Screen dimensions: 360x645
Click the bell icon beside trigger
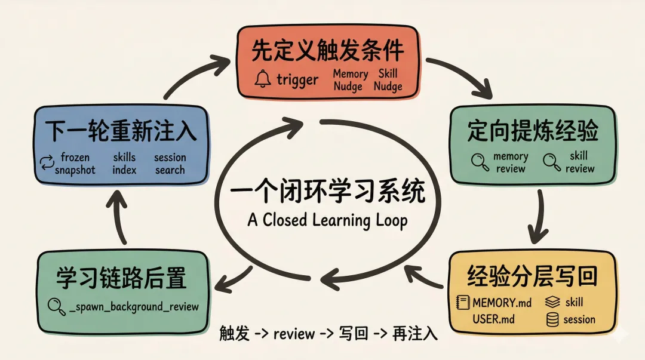coord(262,79)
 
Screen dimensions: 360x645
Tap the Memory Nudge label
coord(350,81)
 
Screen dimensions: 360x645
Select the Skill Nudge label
coord(388,81)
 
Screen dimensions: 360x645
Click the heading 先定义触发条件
coord(327,51)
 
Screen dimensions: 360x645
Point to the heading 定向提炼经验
coord(533,132)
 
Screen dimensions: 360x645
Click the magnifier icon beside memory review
coord(479,162)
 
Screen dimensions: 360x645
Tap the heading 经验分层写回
coord(533,277)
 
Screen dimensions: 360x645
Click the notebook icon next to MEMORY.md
coord(462,302)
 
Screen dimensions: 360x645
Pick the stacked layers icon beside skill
coord(552,302)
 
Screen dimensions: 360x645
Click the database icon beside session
coord(552,320)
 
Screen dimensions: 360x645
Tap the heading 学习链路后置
coord(122,278)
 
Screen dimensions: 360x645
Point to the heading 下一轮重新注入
coord(122,132)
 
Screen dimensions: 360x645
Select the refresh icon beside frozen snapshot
coord(46,163)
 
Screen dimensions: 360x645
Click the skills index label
coord(124,164)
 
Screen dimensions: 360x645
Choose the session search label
coord(170,164)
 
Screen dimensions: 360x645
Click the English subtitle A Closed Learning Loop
coord(327,220)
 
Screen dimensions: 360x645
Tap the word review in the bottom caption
coord(294,334)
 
